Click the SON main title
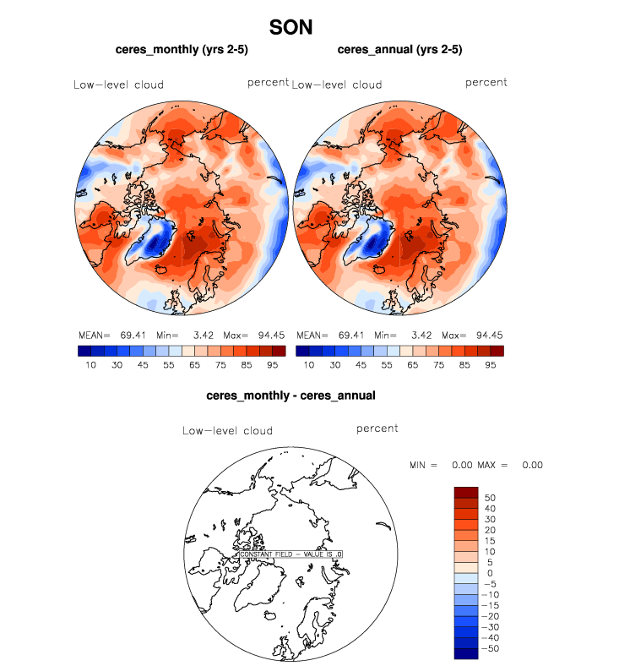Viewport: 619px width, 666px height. click(291, 27)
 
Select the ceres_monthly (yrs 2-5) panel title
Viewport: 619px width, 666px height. click(182, 50)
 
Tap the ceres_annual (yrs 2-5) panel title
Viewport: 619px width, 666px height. click(399, 50)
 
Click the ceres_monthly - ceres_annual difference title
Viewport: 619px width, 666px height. click(290, 395)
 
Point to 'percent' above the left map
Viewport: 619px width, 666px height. click(269, 83)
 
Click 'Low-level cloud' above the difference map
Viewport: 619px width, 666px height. click(227, 431)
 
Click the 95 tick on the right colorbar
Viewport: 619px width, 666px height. click(489, 365)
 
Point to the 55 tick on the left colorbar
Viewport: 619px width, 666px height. click(169, 365)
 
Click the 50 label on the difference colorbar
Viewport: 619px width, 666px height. click(489, 498)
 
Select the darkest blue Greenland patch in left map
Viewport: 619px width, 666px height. click(154, 245)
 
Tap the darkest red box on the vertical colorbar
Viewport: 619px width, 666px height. click(466, 493)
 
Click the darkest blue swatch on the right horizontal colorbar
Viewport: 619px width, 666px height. click(302, 351)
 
